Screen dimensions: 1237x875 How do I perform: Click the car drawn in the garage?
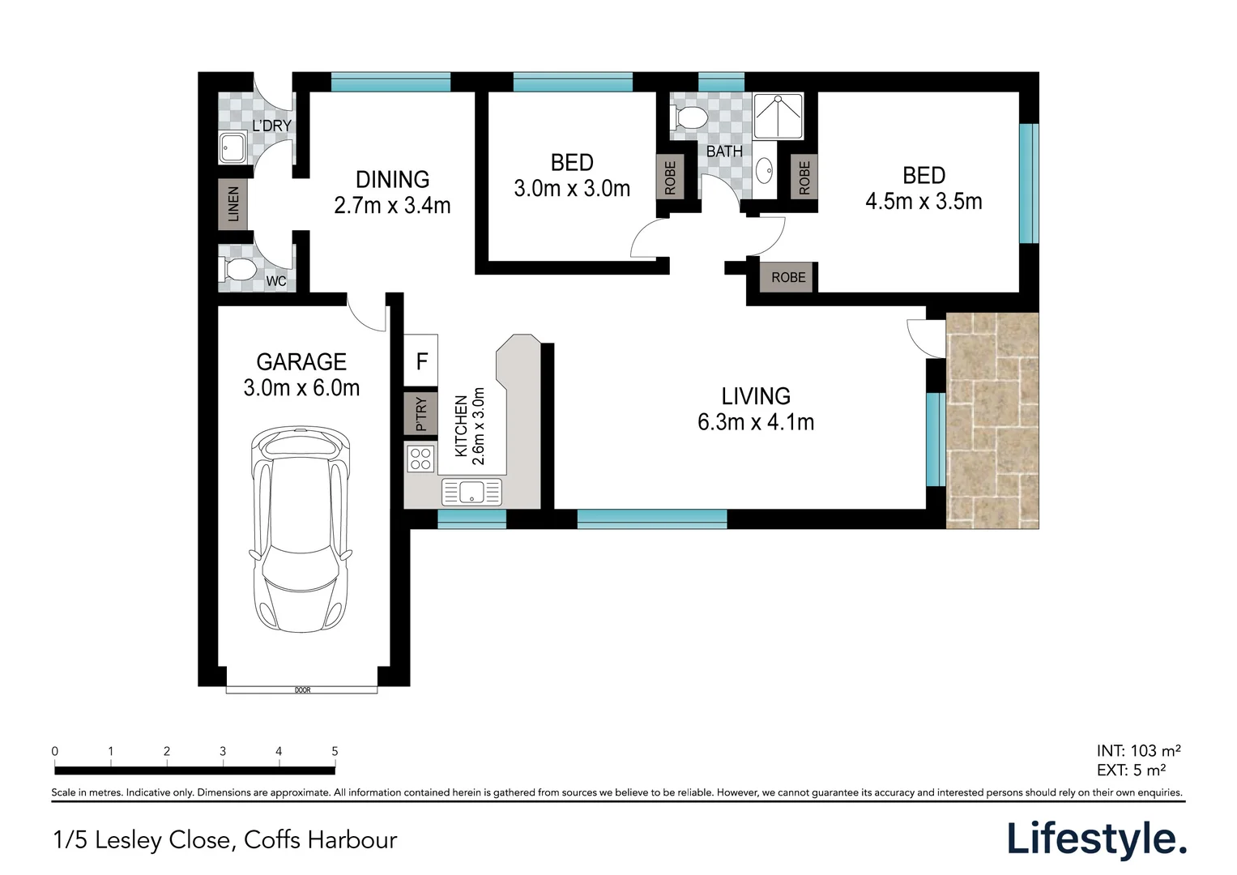click(x=301, y=530)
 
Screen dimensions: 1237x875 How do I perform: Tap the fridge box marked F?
click(x=420, y=361)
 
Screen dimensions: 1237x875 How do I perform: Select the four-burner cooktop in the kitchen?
click(x=420, y=459)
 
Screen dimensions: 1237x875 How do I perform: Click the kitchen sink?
click(x=471, y=492)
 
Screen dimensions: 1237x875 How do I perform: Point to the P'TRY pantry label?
click(x=420, y=414)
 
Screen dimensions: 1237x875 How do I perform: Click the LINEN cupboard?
click(x=232, y=204)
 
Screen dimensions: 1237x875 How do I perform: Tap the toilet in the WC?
click(x=239, y=270)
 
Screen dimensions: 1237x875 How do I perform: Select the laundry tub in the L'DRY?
click(x=233, y=147)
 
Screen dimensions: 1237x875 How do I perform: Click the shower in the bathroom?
click(x=778, y=115)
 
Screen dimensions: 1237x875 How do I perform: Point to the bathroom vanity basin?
click(x=765, y=169)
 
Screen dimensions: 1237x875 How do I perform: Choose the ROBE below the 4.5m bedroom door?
click(x=788, y=277)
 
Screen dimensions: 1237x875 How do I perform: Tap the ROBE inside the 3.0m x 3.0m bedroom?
click(x=670, y=177)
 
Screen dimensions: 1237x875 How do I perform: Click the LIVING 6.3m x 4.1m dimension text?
click(x=756, y=422)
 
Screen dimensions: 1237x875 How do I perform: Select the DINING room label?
click(x=392, y=180)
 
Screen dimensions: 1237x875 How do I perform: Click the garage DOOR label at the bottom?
click(x=303, y=690)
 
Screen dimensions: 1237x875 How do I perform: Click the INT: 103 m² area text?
click(x=1139, y=751)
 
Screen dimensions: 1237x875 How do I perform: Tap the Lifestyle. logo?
click(x=1097, y=839)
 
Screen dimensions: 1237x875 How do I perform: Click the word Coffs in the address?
click(x=271, y=840)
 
